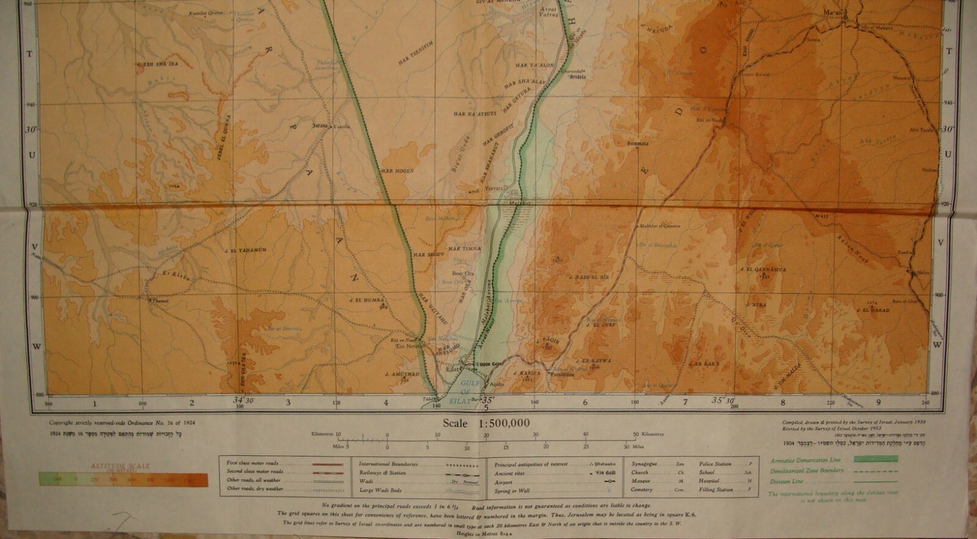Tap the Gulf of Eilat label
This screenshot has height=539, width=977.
click(468, 388)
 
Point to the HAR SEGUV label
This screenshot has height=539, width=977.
click(429, 255)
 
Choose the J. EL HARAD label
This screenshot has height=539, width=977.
click(873, 310)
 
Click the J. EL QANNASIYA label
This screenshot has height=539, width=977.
click(763, 269)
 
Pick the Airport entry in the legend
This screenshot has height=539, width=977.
click(503, 482)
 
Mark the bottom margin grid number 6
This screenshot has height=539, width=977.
click(586, 403)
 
